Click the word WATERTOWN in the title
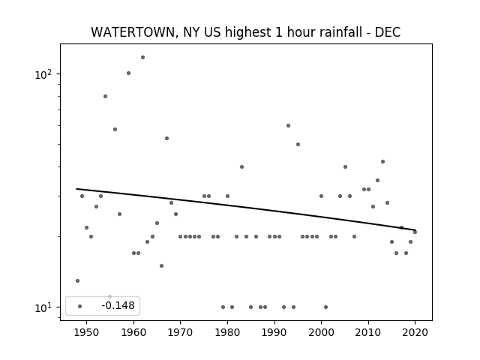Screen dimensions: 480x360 tap(133, 32)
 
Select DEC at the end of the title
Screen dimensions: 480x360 tap(388, 32)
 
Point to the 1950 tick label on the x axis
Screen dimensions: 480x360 tap(87, 332)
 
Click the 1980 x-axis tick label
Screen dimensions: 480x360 tap(227, 332)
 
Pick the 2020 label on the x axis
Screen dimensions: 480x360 tap(415, 332)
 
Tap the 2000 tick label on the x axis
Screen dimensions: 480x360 tap(321, 332)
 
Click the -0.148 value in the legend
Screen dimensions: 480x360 tap(118, 305)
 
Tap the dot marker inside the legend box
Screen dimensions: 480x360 tap(80, 306)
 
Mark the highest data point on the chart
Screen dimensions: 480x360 tap(142, 57)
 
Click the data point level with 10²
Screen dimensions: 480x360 tap(128, 73)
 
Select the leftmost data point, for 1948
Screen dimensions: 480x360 tap(77, 280)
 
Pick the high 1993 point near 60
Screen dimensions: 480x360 tap(288, 125)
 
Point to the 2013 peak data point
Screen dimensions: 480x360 tap(382, 162)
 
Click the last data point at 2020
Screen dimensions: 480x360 tap(415, 232)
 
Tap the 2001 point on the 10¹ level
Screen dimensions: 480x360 tap(325, 307)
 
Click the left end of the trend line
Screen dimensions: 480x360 tap(76, 188)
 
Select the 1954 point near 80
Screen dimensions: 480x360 tap(105, 97)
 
